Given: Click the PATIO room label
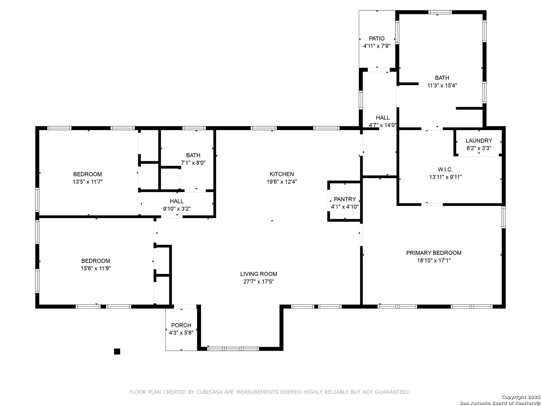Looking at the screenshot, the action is pos(376,38).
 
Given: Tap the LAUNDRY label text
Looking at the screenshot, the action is pos(479,141).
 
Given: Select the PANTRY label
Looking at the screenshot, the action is pos(345,199).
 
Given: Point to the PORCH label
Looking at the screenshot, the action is pos(181,325).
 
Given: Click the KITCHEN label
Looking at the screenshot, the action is pos(281,174).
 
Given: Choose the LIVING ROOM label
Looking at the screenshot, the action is pos(258,274).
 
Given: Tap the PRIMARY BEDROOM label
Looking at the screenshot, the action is pos(434,253).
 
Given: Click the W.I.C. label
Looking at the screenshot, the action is pos(445,169).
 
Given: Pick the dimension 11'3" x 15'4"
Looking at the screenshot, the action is pos(442,85).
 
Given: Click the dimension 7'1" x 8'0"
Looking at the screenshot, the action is pos(193,163).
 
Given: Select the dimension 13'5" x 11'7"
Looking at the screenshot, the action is pos(88,182).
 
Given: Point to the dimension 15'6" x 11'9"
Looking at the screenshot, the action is pos(96,268).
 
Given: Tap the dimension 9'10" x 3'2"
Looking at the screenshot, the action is pos(177,209).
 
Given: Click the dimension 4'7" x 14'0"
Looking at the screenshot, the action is pos(382,125).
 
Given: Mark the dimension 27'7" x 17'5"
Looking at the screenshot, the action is pos(258,282).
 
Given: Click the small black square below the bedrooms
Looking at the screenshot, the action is pos(117,351).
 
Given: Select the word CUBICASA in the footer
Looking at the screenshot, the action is pos(209,392).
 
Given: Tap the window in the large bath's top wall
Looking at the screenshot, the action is pos(440,12).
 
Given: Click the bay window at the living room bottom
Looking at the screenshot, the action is pos(233,349).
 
